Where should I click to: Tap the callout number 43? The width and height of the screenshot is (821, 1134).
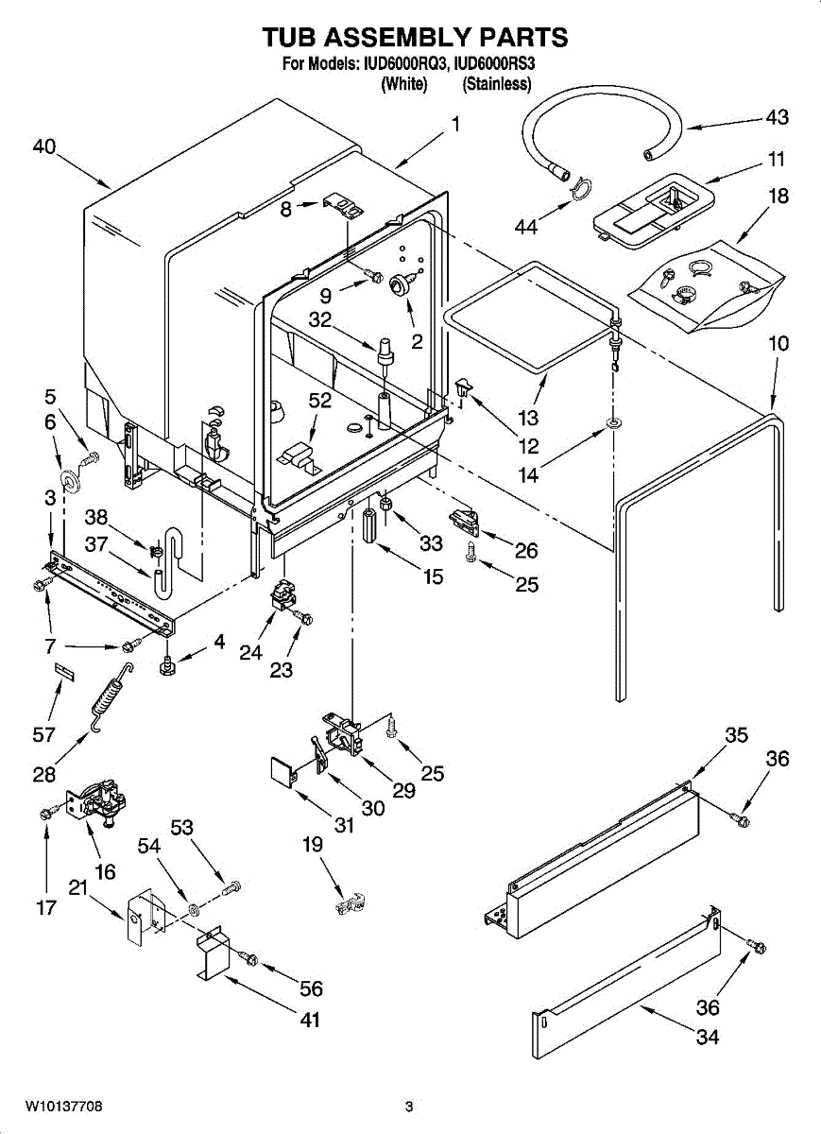[x=777, y=118]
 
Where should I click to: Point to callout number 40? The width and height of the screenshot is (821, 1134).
[x=43, y=146]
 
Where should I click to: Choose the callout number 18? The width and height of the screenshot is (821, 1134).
[x=778, y=197]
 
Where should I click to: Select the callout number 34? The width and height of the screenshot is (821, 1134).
[x=707, y=1037]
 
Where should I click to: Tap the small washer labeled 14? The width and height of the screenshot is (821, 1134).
[x=613, y=419]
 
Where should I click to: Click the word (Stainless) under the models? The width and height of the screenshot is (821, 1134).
[x=496, y=84]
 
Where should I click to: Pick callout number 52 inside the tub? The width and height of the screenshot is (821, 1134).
[x=320, y=400]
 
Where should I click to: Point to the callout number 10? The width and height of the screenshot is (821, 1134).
[x=778, y=343]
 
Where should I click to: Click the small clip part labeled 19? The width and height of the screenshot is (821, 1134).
[x=350, y=902]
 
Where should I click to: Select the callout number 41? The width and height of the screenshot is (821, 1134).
[x=310, y=1020]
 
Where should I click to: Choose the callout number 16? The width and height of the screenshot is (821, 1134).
[x=106, y=871]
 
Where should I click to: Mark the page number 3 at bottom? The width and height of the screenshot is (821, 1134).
[x=409, y=1107]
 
